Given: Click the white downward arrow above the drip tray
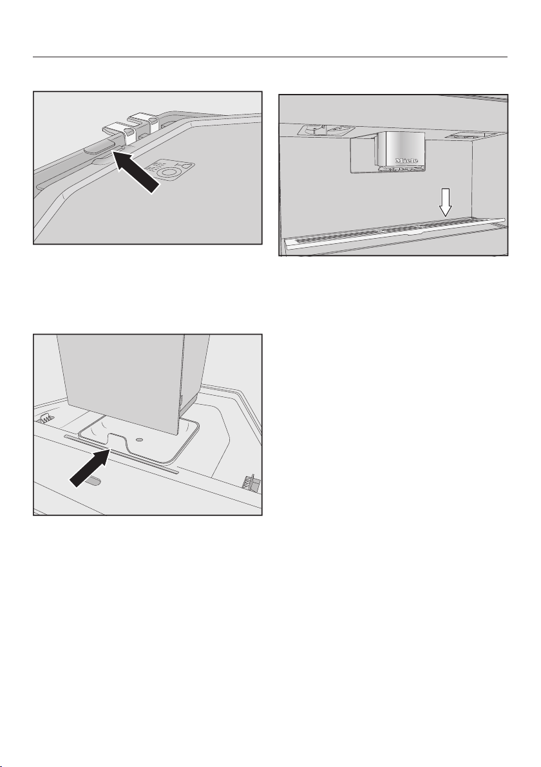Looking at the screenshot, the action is click(x=445, y=203).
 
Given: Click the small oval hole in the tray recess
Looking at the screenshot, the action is click(x=140, y=439).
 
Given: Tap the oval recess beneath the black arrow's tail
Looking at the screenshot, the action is click(x=93, y=482).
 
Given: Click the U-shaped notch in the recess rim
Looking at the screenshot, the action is click(x=117, y=441).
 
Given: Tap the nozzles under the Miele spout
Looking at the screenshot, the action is click(x=399, y=169).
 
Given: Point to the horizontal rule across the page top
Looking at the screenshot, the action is click(x=270, y=57).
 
